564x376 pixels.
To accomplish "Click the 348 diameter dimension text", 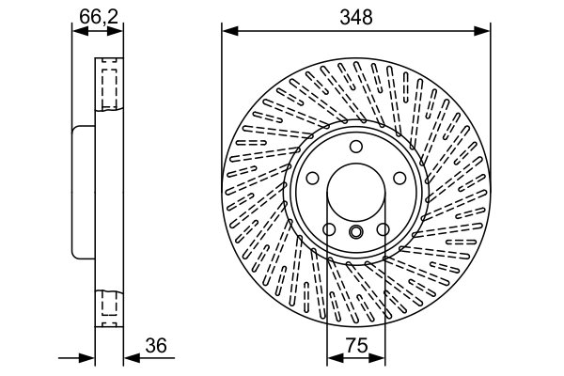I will [356, 16].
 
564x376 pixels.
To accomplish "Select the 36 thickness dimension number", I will [156, 346].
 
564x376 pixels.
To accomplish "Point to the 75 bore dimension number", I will [355, 346].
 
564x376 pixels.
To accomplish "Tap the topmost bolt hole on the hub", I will [356, 147].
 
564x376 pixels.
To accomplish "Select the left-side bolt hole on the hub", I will [311, 180].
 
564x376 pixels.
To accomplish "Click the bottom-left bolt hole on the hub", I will [328, 231].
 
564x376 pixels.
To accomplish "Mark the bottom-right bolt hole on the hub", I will [384, 231].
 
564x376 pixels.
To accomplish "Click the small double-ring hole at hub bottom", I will [356, 233].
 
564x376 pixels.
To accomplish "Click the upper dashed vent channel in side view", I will [109, 86].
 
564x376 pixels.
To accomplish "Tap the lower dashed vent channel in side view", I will [109, 306].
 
